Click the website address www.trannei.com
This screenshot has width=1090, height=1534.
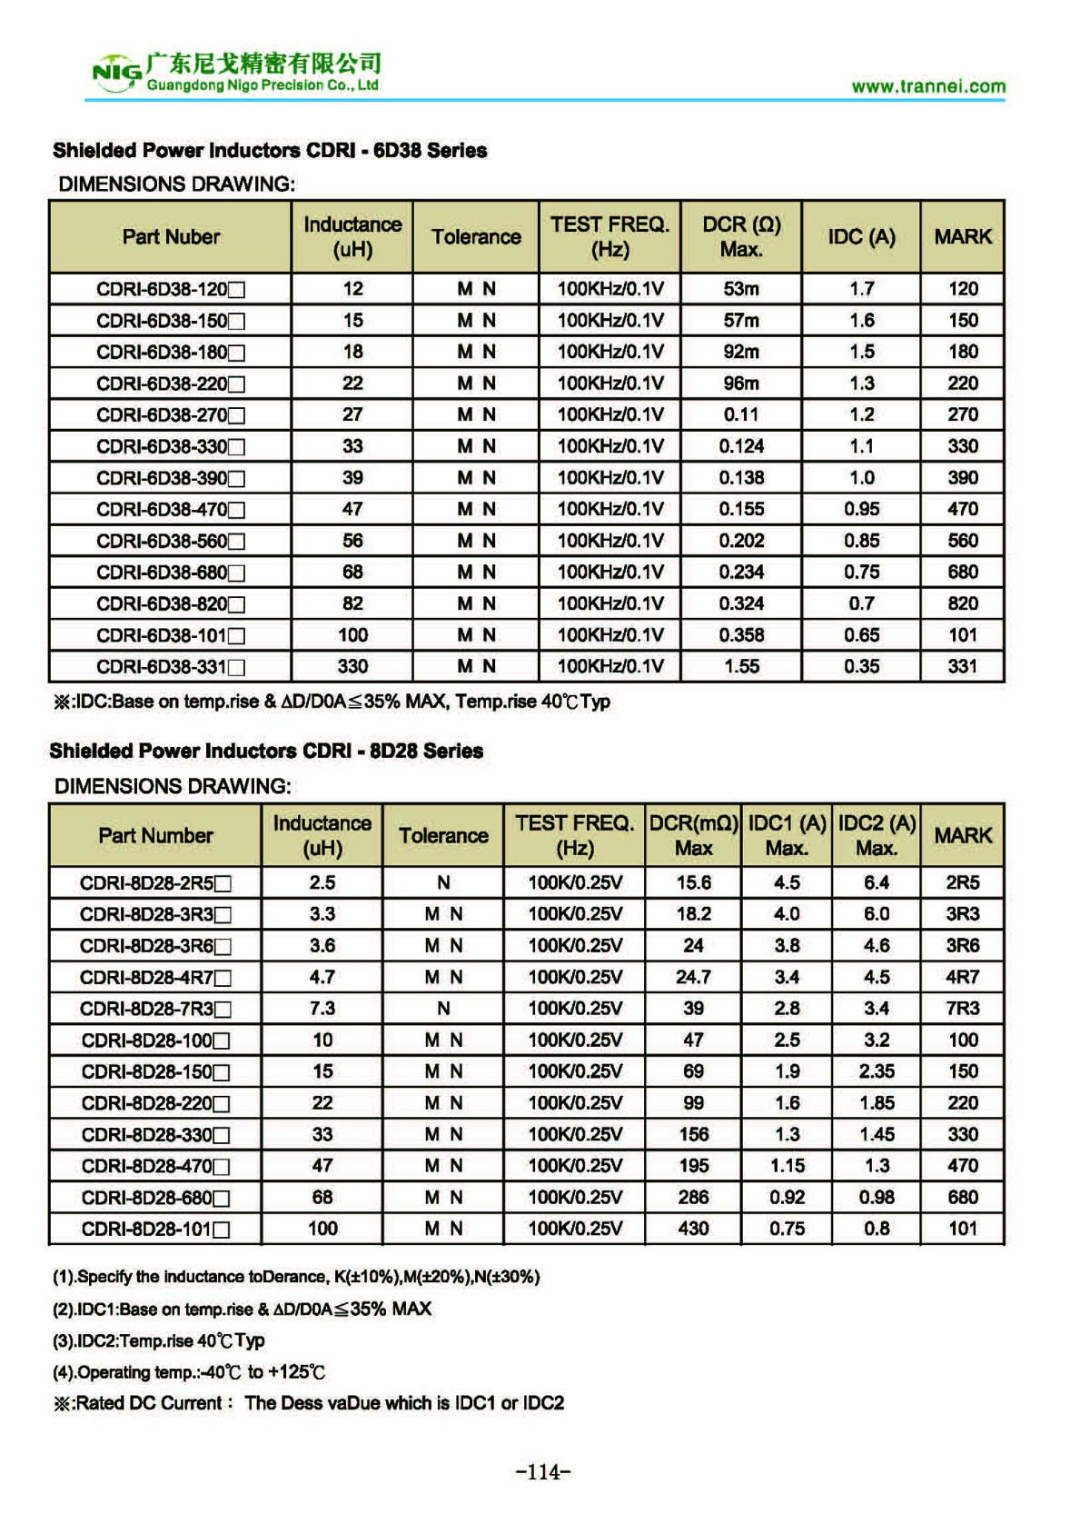928,86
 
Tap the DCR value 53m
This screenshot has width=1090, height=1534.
741,289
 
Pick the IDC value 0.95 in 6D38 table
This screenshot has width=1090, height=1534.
861,509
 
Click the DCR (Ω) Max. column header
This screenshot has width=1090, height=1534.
741,236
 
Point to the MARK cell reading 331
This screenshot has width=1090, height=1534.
963,666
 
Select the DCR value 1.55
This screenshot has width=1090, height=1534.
741,666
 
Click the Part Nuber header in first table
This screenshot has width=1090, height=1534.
171,236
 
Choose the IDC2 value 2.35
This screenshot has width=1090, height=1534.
877,1071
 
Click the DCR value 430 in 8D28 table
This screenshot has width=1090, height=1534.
693,1229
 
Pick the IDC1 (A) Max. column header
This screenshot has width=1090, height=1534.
787,835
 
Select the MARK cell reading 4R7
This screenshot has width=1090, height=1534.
963,977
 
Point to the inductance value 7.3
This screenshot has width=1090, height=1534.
322,1009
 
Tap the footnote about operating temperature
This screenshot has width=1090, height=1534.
188,1372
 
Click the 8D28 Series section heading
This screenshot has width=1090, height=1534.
266,751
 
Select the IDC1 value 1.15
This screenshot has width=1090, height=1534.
787,1166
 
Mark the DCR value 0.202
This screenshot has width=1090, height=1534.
741,541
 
